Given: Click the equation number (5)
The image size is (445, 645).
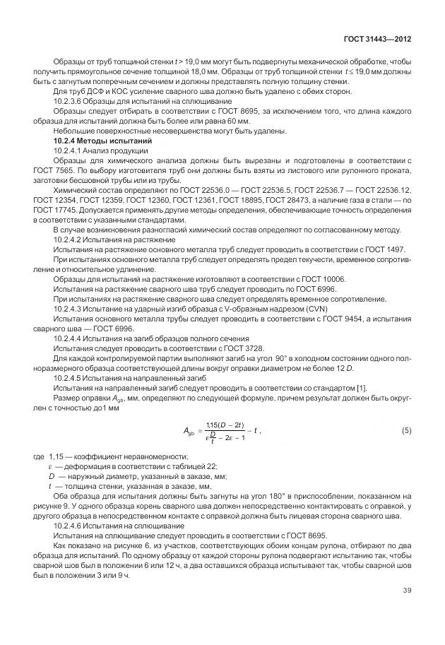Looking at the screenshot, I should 406,430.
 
